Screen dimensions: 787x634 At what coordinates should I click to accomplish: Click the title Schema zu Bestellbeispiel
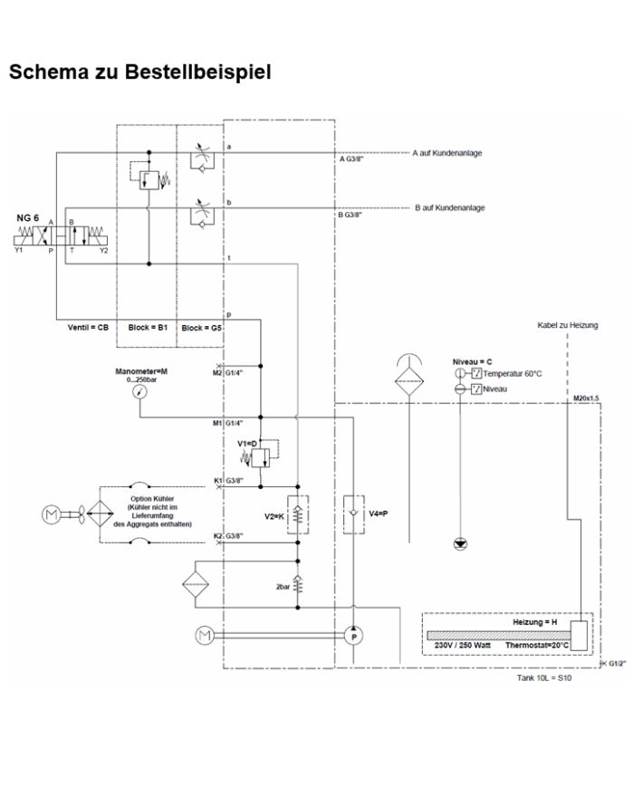pyautogui.click(x=139, y=72)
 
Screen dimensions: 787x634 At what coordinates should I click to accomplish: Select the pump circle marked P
pyautogui.click(x=354, y=638)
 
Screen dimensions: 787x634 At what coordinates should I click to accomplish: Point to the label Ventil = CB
pyautogui.click(x=89, y=327)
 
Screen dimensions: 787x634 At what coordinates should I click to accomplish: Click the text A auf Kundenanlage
pyautogui.click(x=447, y=153)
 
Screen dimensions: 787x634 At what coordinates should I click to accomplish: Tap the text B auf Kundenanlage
pyautogui.click(x=449, y=207)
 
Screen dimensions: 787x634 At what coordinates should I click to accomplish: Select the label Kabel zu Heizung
pyautogui.click(x=568, y=324)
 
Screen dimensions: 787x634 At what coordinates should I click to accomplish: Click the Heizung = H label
pyautogui.click(x=534, y=622)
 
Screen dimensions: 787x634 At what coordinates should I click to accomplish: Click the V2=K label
pyautogui.click(x=275, y=515)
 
